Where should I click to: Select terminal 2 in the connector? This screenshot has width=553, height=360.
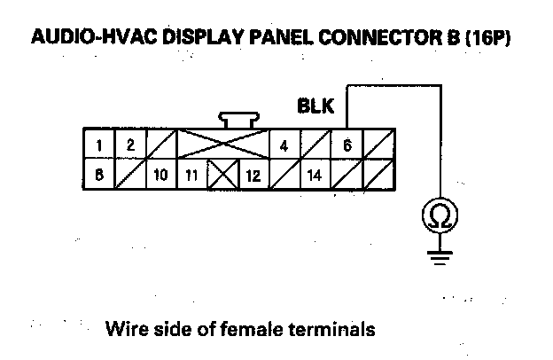129,145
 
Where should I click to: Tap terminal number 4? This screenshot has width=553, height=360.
283,145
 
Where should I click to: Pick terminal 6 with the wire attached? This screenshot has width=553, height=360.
347,145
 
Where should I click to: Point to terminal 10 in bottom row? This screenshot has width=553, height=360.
160,175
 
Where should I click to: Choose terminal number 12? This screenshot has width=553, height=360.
252,175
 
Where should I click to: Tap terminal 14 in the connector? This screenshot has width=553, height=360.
314,175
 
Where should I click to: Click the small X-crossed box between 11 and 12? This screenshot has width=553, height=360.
221,175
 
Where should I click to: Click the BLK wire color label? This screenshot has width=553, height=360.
315,107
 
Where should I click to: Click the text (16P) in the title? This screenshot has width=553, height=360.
487,40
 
